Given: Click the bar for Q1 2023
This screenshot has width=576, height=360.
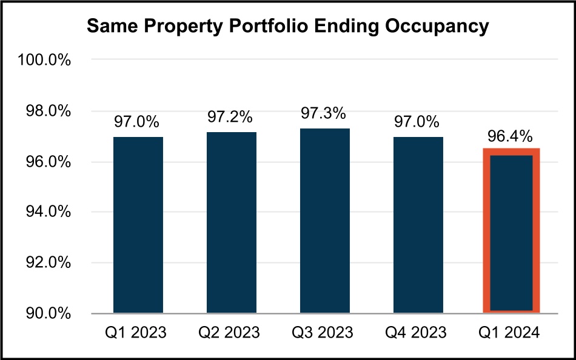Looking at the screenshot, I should pyautogui.click(x=138, y=225).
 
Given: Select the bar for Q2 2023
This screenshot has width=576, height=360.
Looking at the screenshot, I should pyautogui.click(x=232, y=222).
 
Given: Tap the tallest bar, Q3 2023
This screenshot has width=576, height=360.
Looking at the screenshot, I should pyautogui.click(x=325, y=221).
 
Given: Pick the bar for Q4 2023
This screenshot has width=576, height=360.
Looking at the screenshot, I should pyautogui.click(x=418, y=225).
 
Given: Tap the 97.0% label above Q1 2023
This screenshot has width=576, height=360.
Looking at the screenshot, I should pyautogui.click(x=136, y=122).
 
